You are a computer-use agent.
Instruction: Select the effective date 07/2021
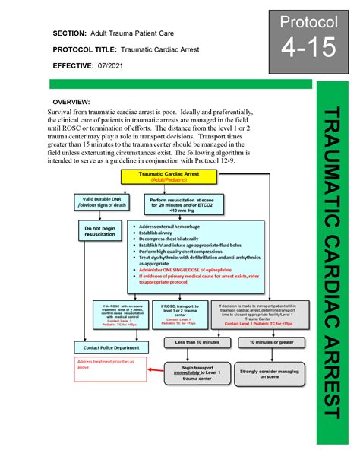click(x=112, y=66)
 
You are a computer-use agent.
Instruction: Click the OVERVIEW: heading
click(x=70, y=101)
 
